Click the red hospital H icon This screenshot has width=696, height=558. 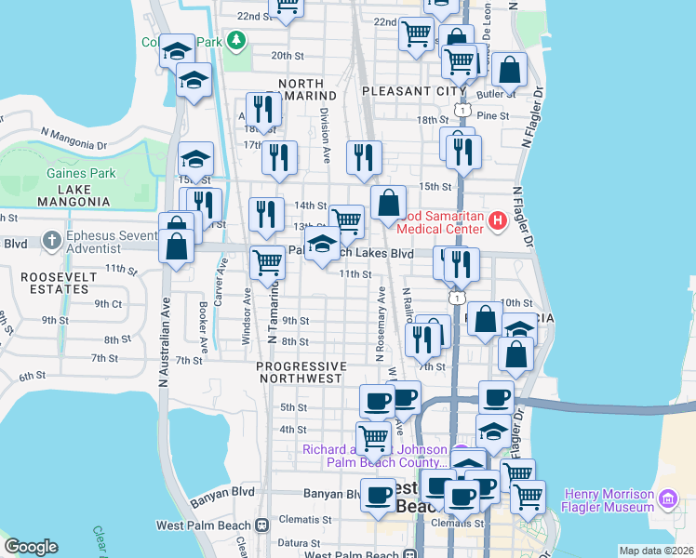tap(497, 221)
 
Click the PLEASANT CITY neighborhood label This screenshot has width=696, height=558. tap(414, 91)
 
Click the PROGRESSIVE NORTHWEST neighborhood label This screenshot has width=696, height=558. tap(301, 372)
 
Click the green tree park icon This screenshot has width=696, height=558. tap(237, 41)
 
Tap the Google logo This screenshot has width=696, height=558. tap(31, 546)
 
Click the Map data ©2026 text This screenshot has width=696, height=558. tap(657, 551)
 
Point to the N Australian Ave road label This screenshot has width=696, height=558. tap(164, 340)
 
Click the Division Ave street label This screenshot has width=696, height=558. tap(325, 136)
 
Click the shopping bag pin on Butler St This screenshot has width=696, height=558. tap(510, 71)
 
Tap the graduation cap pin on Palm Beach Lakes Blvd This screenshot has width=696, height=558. tap(323, 246)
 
